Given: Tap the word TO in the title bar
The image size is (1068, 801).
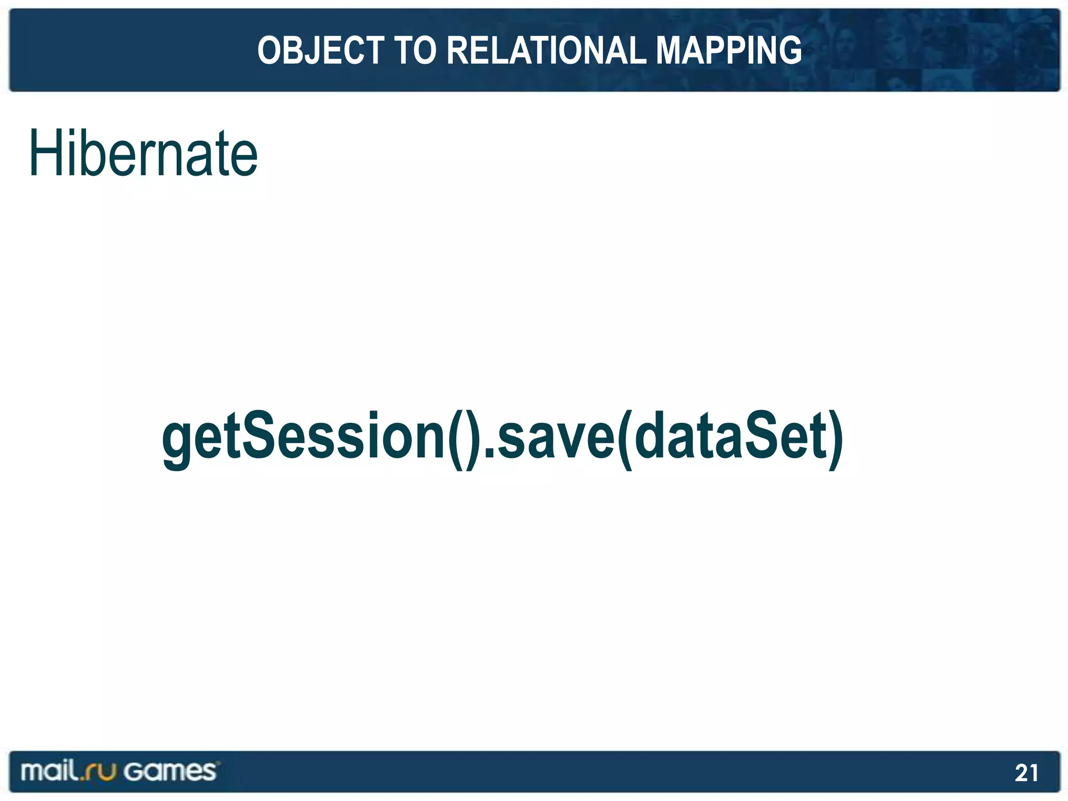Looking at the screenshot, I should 415,51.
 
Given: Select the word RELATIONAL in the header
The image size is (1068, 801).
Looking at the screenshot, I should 545,51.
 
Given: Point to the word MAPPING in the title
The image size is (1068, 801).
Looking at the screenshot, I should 729,51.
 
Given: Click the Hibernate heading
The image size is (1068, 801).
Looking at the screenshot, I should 143,153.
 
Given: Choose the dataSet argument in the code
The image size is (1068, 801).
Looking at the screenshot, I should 730,436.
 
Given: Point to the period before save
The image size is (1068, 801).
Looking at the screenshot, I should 490,454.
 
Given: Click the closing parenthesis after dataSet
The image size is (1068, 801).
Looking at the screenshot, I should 835,438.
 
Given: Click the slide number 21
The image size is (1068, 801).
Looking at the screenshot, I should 1026,772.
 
